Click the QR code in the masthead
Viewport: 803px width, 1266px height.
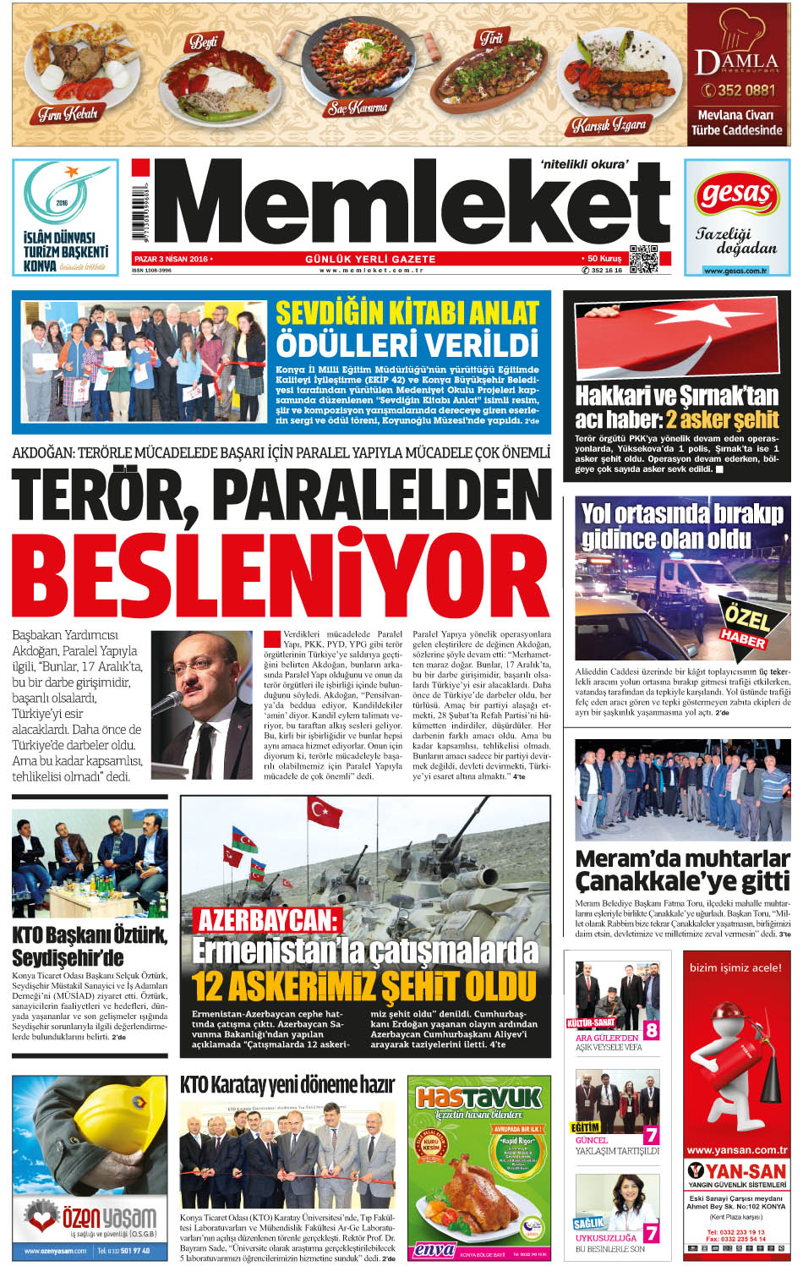click(644, 259)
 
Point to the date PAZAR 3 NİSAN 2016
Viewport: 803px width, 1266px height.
click(172, 259)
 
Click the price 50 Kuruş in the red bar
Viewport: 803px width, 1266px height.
click(604, 259)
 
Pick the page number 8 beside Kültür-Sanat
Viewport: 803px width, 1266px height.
click(651, 1030)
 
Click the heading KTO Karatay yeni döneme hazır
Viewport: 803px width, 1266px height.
click(287, 1085)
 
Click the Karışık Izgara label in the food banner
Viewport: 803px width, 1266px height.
click(609, 125)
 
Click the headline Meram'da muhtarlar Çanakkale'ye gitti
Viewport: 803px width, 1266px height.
click(681, 870)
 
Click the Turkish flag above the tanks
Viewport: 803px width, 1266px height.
click(324, 812)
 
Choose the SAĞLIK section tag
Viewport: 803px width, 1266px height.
click(588, 1223)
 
